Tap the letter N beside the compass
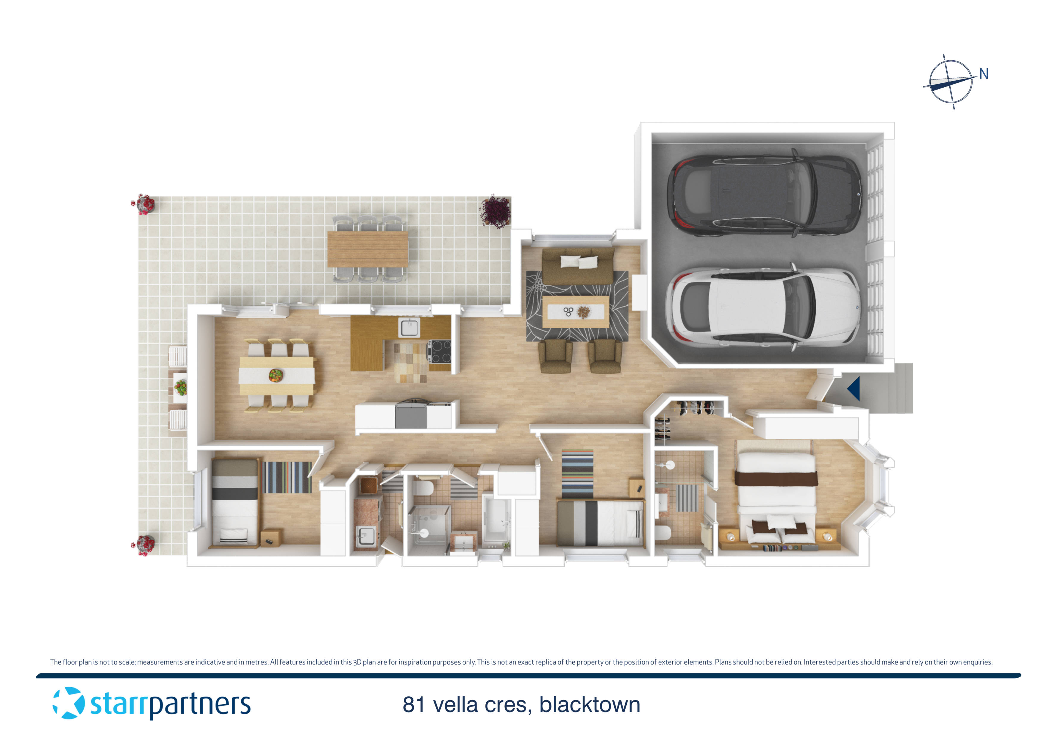tap(984, 74)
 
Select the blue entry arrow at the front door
tap(854, 389)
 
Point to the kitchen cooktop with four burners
tap(439, 351)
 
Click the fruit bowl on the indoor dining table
tap(276, 375)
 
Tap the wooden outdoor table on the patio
tap(368, 249)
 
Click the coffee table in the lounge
tap(576, 312)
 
